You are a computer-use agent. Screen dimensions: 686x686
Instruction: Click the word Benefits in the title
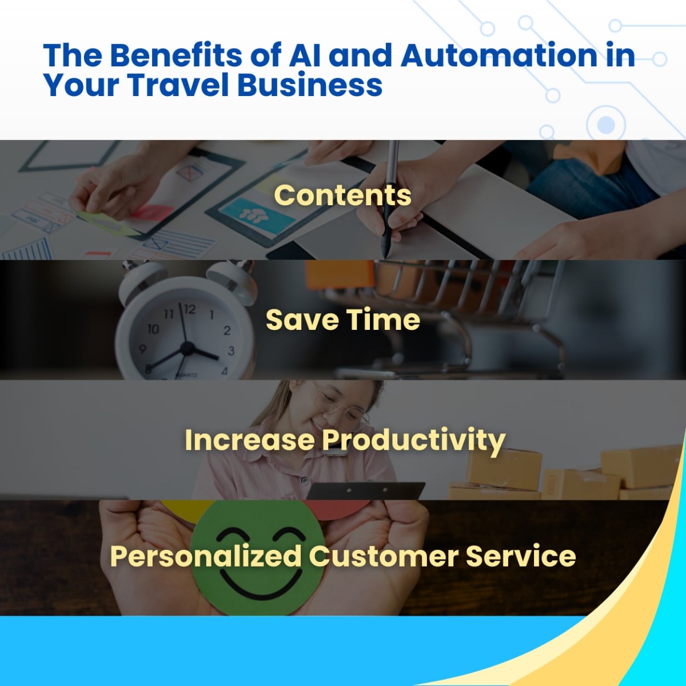point(176,55)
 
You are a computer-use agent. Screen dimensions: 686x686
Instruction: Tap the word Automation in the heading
point(499,55)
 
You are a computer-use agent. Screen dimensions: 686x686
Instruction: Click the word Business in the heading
point(310,85)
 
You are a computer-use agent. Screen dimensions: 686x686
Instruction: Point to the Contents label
point(343,195)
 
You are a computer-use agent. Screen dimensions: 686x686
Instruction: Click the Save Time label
point(343,320)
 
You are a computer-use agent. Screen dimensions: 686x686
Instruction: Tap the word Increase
point(250,440)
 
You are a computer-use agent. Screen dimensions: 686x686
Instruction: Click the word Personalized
point(206,556)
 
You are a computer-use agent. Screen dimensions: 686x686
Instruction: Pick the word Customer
point(384,556)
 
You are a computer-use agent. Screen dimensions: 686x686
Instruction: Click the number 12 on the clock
point(189,309)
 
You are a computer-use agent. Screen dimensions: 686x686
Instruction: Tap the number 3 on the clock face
point(231,351)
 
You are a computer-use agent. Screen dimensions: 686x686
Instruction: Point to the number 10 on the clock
point(153,329)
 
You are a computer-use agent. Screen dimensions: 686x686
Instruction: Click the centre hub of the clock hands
point(188,348)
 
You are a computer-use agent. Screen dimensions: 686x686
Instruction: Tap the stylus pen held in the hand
point(389,200)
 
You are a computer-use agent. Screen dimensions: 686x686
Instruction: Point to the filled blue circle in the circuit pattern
point(606,125)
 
